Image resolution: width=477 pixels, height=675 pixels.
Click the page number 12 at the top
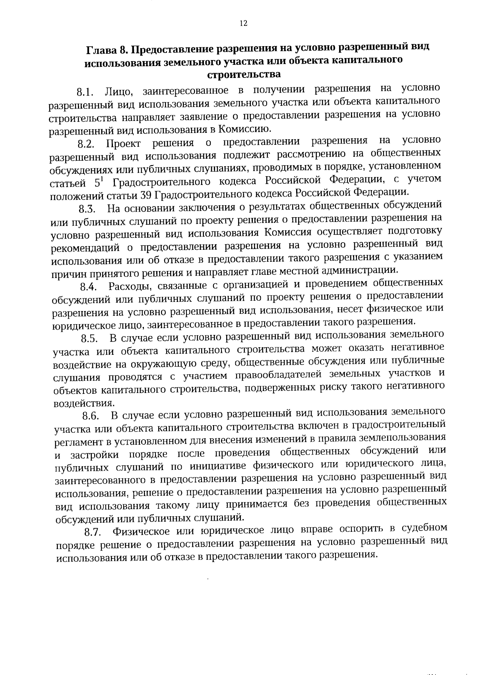(243, 23)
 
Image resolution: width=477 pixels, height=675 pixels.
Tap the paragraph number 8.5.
(90, 339)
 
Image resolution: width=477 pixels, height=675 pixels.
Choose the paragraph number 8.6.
(91, 416)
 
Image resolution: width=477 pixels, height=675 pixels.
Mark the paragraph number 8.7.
(93, 532)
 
